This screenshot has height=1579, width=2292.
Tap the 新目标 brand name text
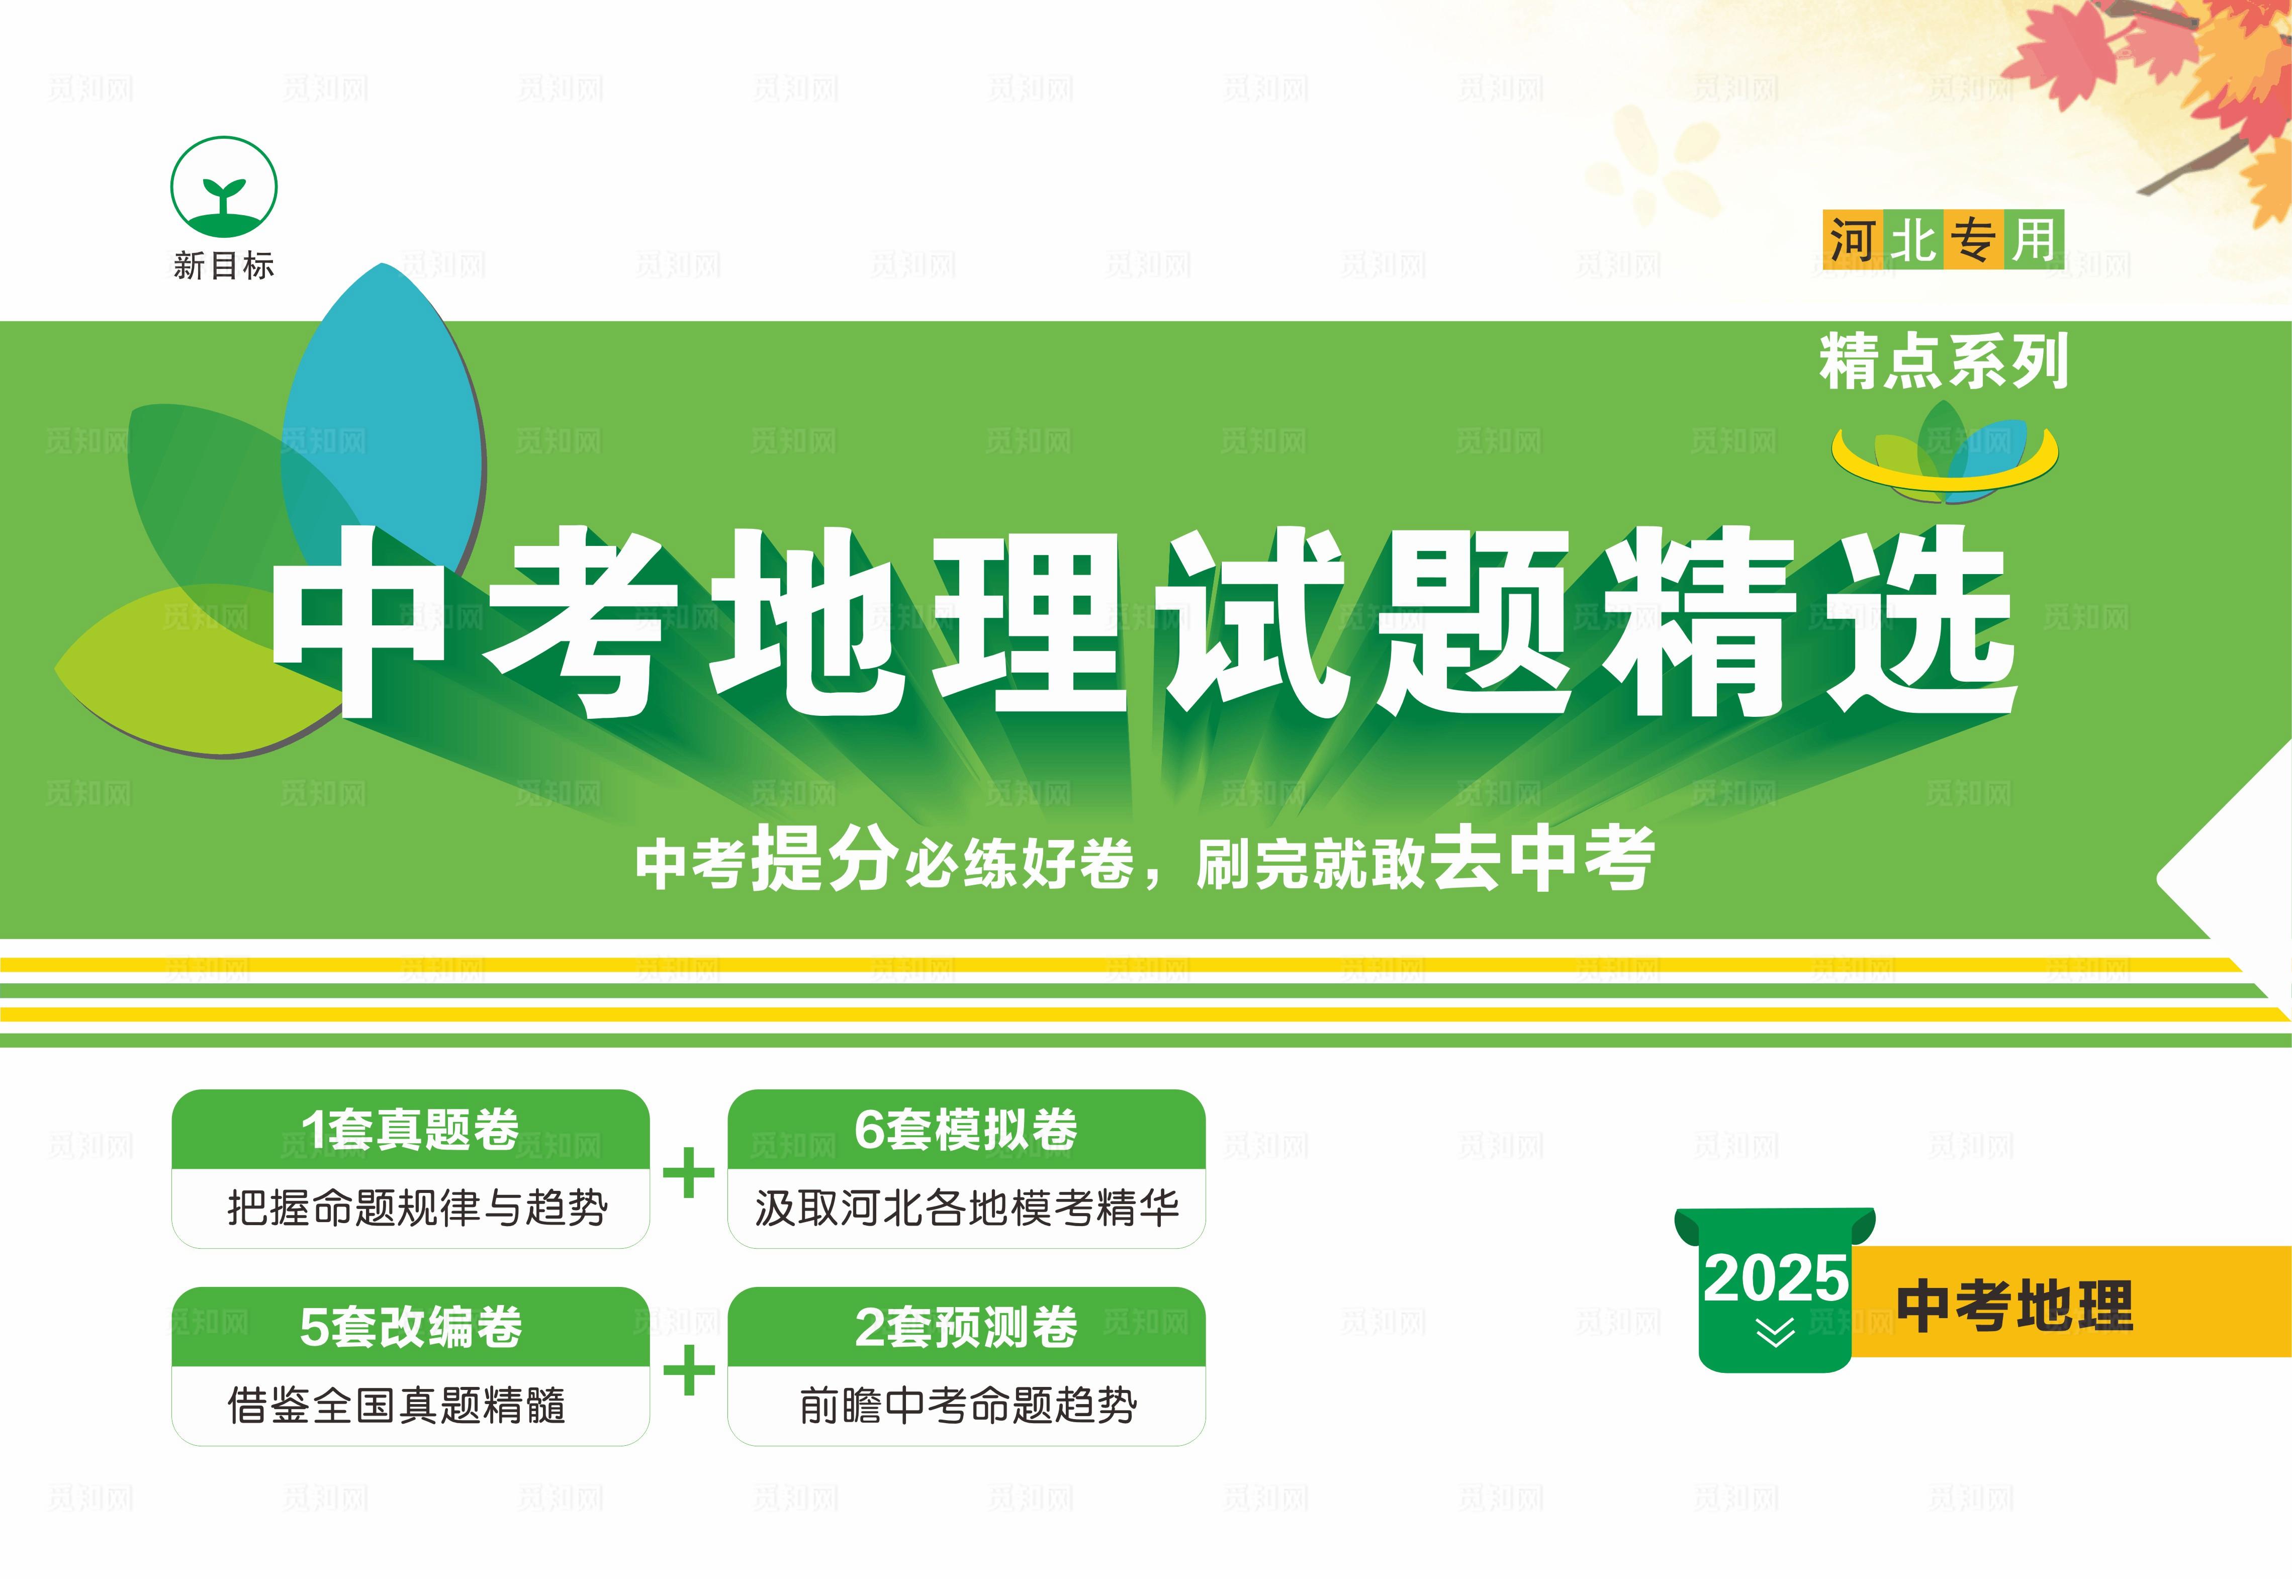pos(224,265)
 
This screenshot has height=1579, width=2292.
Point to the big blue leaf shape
pos(386,416)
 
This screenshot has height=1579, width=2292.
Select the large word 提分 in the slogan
pos(824,857)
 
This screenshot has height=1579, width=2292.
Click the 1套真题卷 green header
pos(411,1129)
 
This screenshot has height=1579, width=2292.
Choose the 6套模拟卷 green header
pos(966,1129)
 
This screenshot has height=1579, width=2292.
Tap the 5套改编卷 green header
pos(411,1326)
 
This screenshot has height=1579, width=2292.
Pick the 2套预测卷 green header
pos(966,1326)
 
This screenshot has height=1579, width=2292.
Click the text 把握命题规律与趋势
pos(417,1208)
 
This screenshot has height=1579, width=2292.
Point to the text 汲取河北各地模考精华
pos(966,1208)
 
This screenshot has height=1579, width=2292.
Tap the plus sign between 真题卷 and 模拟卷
pos(688,1174)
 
